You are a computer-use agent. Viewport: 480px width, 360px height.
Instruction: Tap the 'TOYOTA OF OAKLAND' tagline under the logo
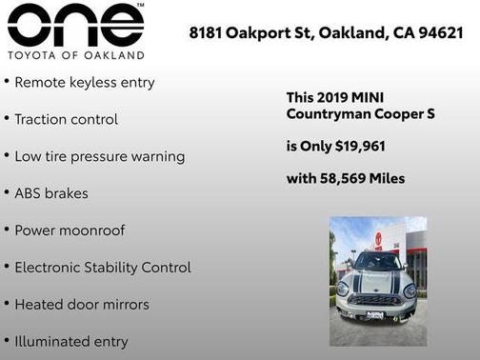(75, 55)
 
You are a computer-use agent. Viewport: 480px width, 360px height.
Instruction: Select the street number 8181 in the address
(206, 33)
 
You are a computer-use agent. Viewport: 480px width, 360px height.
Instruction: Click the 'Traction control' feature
(67, 119)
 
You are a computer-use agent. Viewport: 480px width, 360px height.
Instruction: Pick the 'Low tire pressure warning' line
(99, 156)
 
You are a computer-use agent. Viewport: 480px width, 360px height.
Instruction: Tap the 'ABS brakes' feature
(51, 193)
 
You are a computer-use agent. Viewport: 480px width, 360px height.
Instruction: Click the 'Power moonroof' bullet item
(70, 230)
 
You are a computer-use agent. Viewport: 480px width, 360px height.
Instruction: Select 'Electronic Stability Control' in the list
(103, 268)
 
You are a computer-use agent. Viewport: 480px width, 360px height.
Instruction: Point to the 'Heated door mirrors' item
(82, 305)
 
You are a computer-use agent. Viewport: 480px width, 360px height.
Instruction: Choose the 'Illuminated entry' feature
(71, 341)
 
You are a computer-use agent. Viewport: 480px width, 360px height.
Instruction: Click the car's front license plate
(374, 315)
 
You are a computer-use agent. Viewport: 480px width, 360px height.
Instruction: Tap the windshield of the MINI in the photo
(377, 262)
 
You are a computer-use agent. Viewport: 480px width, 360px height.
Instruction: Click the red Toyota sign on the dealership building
(378, 240)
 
